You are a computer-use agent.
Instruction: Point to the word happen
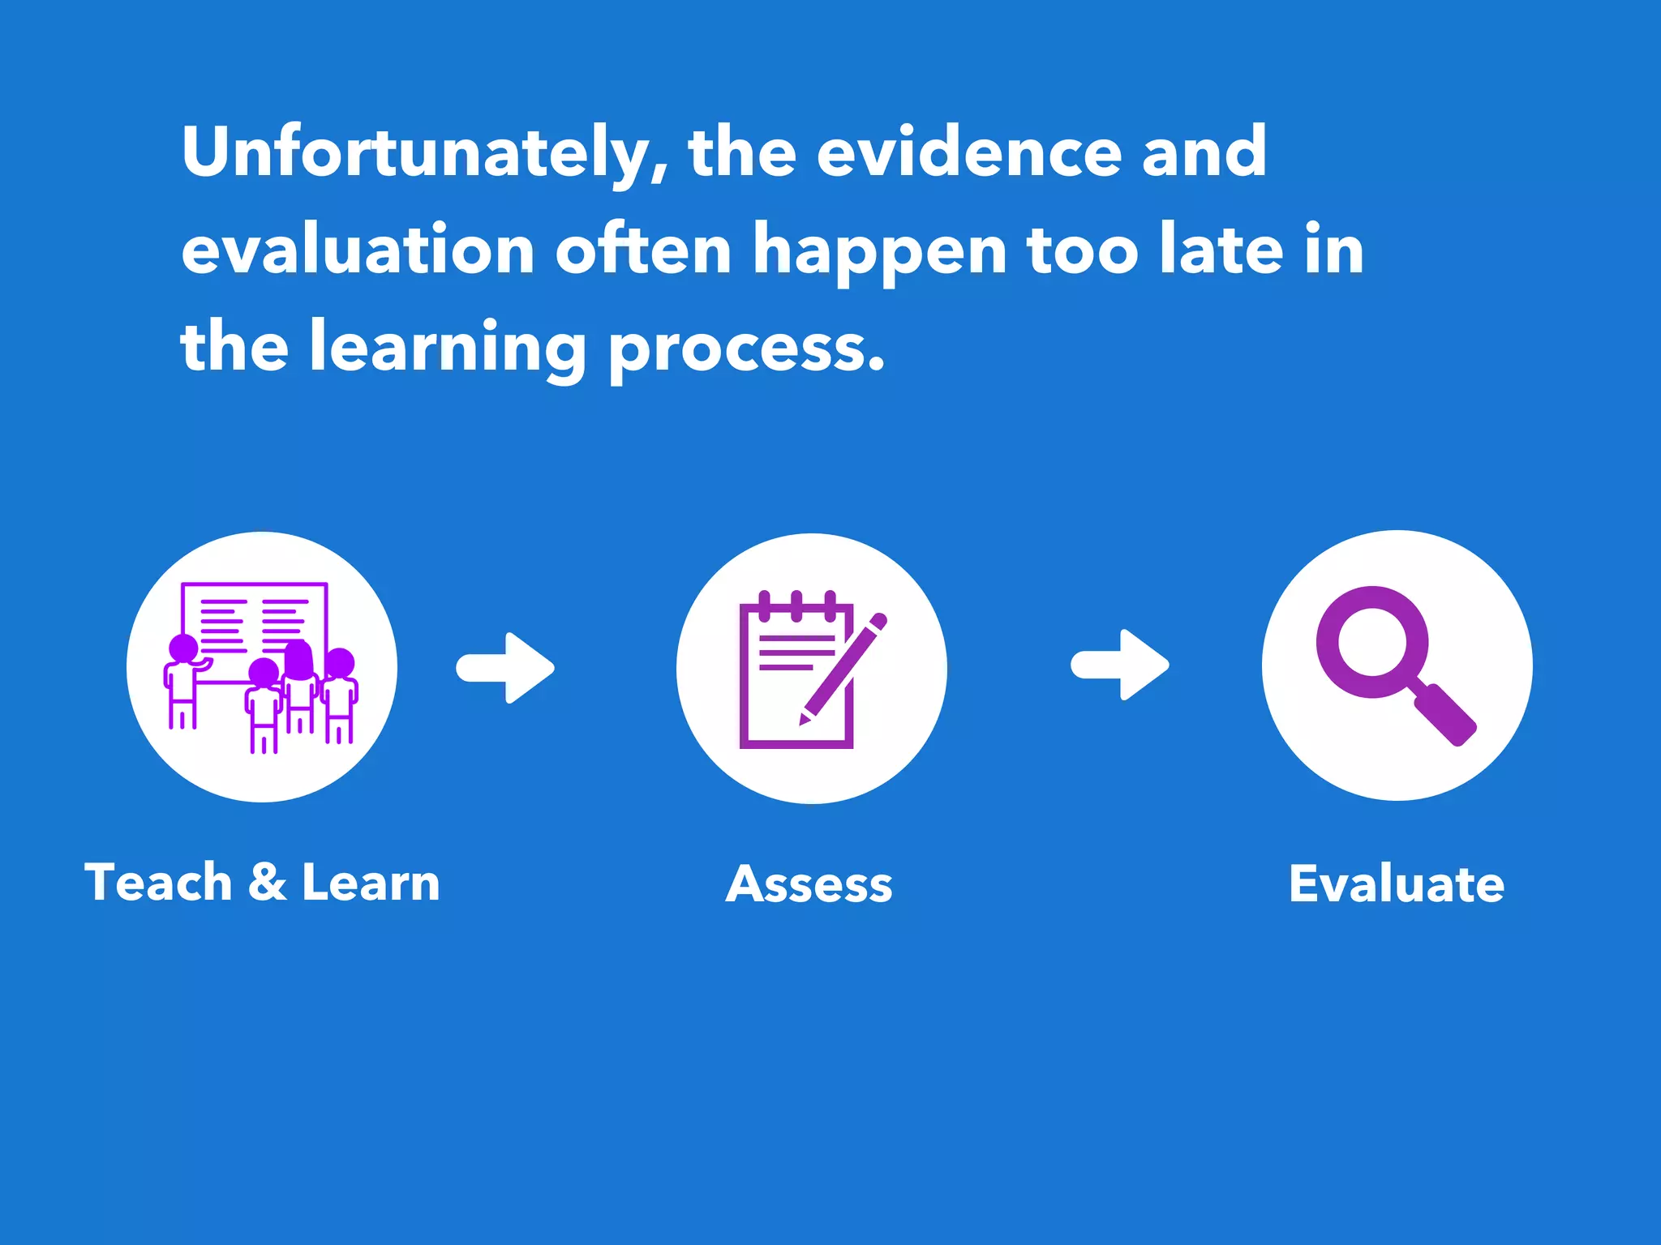(x=879, y=251)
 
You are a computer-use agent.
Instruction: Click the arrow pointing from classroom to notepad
(x=505, y=668)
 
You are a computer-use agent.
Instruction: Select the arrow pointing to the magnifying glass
(x=1120, y=665)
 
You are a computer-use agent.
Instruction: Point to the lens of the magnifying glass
(x=1372, y=642)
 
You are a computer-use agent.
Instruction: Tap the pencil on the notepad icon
(x=843, y=669)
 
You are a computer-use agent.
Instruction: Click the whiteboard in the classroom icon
(x=255, y=616)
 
